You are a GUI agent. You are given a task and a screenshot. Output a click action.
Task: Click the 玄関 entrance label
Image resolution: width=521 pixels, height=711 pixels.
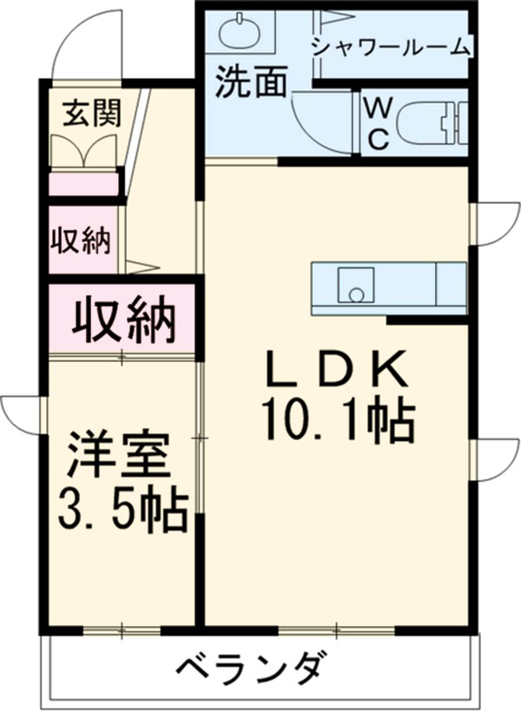91,114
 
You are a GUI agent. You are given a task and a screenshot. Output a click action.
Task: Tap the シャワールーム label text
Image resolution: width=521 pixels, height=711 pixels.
390,47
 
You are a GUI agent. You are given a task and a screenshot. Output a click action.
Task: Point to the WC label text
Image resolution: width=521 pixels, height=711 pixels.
377,124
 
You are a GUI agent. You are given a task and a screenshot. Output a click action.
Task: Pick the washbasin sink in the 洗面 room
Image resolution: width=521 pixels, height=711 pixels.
240,34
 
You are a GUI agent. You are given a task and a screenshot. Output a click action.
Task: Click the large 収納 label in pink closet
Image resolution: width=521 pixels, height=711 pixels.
123,320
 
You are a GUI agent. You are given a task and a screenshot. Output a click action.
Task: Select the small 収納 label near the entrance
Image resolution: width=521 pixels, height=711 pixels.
82,240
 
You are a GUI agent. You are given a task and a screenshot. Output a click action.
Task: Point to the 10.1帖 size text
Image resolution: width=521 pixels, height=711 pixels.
335,422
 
